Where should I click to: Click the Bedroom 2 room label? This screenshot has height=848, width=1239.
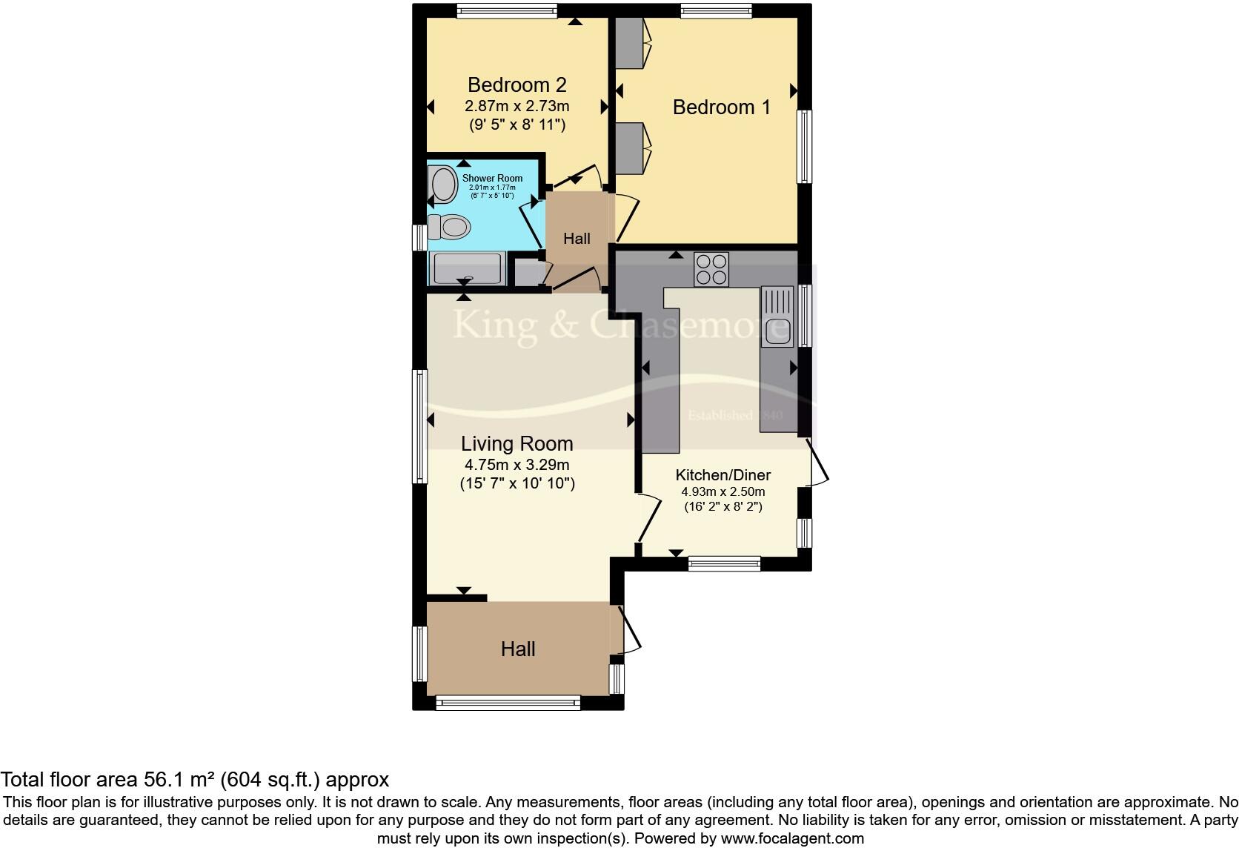(x=516, y=85)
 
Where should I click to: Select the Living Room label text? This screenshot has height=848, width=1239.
(x=516, y=444)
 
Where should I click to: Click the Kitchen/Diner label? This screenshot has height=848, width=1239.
(x=723, y=475)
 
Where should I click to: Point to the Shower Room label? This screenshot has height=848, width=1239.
(x=492, y=178)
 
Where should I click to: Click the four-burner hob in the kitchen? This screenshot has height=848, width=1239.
(x=711, y=269)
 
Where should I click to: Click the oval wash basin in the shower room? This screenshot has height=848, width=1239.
(x=443, y=184)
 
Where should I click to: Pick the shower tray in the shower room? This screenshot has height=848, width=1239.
(x=467, y=268)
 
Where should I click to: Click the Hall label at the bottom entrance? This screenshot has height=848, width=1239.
(x=517, y=649)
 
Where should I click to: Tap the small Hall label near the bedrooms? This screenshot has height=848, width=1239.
(x=577, y=239)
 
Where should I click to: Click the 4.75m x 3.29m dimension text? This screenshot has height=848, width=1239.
(x=516, y=466)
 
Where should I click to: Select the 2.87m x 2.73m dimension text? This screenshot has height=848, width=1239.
(x=516, y=106)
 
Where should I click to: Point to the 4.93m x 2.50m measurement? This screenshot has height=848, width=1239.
(x=723, y=491)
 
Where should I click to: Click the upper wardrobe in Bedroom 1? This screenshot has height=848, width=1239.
(x=631, y=44)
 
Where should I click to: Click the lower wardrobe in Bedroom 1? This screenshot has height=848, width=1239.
(x=631, y=148)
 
